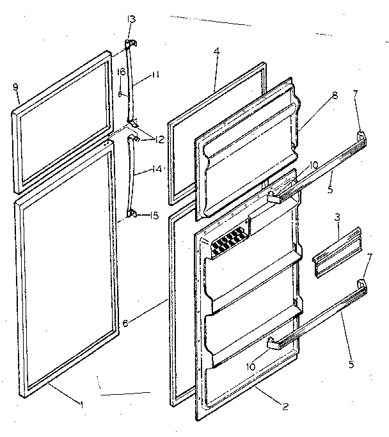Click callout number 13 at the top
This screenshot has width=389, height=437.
point(131,19)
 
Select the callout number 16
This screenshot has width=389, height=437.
point(121,72)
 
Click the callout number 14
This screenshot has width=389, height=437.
point(157,170)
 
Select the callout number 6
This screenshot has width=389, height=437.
point(125,324)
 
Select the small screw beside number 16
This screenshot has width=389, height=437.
point(120,93)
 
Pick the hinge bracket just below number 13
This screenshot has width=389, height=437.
point(129,44)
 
